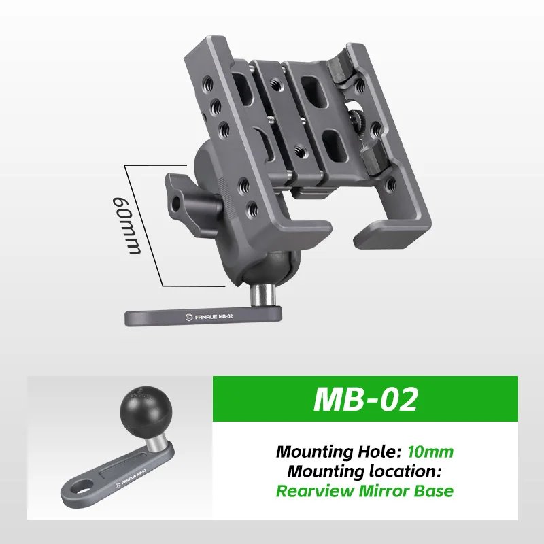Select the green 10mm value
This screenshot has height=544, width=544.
(431, 451)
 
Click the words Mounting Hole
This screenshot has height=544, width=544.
(339, 451)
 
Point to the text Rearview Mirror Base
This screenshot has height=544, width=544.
(365, 490)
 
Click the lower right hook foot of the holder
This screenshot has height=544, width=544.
(381, 235)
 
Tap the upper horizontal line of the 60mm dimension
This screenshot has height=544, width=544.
(155, 164)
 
